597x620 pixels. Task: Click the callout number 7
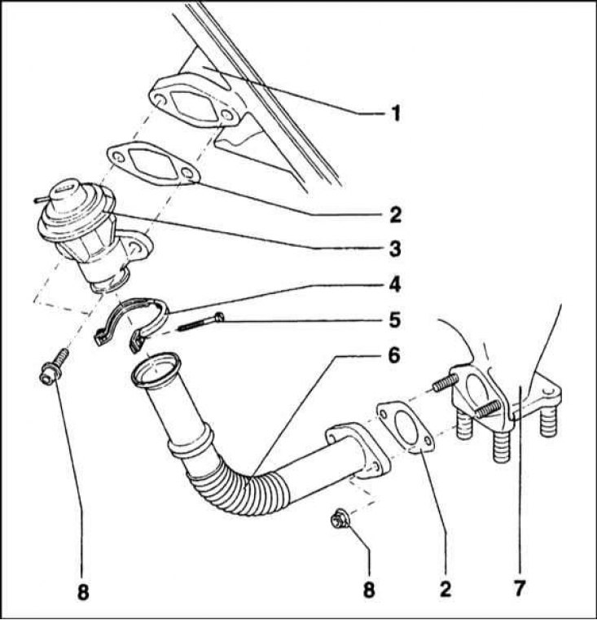(x=520, y=587)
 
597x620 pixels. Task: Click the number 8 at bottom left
(x=82, y=592)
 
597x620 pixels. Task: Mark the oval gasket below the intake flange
(x=152, y=164)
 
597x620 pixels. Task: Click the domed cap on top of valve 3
(x=63, y=192)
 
